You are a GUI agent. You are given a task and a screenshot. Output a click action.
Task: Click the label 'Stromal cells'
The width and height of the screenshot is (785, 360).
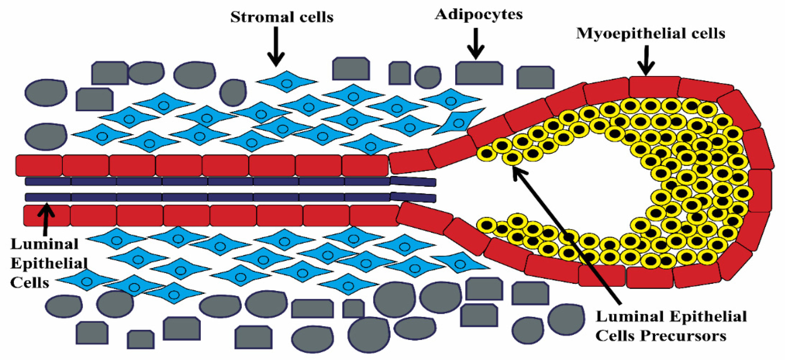tap(282, 17)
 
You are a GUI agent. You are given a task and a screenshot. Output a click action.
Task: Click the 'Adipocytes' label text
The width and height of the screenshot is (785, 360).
tap(478, 14)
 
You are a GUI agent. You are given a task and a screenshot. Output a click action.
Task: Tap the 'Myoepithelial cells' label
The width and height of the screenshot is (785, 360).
tap(650, 33)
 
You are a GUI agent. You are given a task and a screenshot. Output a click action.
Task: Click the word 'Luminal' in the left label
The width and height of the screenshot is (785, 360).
tap(44, 244)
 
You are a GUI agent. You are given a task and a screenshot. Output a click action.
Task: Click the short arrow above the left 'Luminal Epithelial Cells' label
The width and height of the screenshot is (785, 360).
tap(46, 219)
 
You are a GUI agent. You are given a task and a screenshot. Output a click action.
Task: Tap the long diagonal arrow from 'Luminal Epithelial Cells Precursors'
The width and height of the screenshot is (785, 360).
tap(567, 237)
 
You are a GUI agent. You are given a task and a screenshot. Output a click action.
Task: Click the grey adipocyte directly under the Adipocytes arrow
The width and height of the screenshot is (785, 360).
tap(479, 73)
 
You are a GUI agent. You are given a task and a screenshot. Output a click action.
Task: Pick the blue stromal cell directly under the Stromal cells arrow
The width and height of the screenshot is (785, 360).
tap(287, 82)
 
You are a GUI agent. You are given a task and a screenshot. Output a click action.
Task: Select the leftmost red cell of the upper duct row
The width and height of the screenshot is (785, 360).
tap(39, 165)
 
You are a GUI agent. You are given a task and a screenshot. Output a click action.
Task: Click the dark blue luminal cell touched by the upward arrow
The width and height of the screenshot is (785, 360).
tap(48, 197)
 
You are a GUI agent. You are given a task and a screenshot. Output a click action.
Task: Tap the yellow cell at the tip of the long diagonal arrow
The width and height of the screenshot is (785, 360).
tap(512, 157)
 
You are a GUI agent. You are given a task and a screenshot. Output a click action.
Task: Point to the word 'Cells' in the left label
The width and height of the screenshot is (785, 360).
tap(30, 283)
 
